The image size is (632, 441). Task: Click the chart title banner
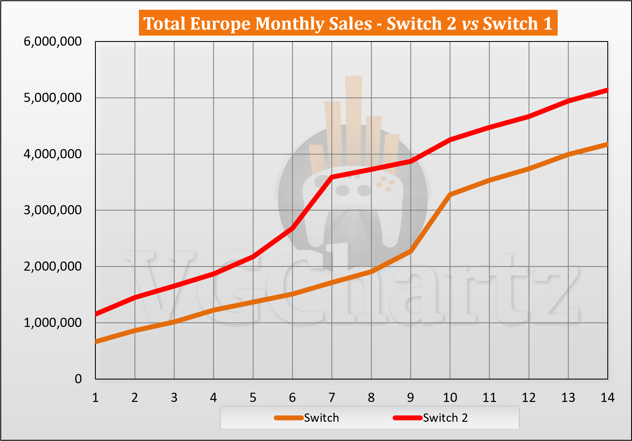point(348,23)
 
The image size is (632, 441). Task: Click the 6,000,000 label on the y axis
point(53,41)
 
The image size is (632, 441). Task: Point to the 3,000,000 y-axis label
point(53,210)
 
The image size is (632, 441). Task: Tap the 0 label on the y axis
point(78,379)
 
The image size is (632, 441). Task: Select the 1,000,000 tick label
point(53,323)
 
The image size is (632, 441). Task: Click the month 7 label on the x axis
point(332,398)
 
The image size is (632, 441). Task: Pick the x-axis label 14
point(608,398)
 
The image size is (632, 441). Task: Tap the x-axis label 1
point(96,398)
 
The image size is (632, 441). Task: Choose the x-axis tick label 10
point(450,398)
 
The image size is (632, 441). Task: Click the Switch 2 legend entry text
point(445,418)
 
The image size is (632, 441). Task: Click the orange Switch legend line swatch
point(289,418)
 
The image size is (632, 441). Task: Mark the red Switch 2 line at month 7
point(332,177)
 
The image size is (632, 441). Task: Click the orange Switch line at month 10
point(450,195)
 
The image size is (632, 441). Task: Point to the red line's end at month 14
point(607,90)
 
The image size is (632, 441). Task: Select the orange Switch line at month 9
point(411,251)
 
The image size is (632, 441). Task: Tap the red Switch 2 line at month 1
point(96,314)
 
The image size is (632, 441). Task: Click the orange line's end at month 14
point(607,145)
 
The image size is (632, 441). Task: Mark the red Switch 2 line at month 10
point(450,140)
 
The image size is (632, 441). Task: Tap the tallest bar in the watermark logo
point(354,121)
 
